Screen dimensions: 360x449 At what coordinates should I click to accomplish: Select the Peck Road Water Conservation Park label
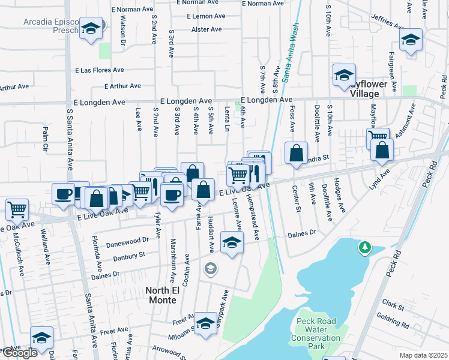316,334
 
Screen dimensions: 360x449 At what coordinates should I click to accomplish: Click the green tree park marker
364,247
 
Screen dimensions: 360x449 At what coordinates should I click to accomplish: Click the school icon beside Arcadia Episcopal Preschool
91,28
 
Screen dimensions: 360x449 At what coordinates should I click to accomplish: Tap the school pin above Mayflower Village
344,76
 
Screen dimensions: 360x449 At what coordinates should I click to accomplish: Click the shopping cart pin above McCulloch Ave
17,210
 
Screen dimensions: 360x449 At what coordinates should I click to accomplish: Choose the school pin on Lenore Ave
231,242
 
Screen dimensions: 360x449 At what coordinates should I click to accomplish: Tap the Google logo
20,353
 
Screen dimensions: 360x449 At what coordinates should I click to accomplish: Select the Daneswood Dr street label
127,242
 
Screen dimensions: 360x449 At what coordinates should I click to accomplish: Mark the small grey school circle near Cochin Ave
210,268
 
